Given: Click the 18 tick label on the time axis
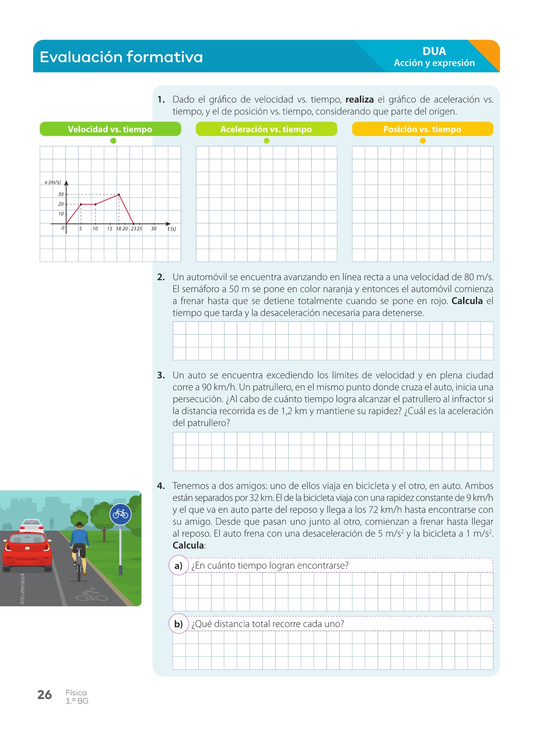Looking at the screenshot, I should [x=119, y=229].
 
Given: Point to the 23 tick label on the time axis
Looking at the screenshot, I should [x=133, y=229].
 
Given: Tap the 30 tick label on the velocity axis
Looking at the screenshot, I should [x=61, y=194].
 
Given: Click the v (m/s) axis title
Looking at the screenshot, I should [x=53, y=182].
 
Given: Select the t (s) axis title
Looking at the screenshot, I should [x=172, y=229].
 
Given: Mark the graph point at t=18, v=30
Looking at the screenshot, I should [x=119, y=194].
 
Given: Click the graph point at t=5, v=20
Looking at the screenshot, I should [x=81, y=204].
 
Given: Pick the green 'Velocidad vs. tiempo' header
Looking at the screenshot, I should [x=110, y=129].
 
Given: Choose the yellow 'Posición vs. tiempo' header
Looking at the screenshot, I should [x=422, y=129].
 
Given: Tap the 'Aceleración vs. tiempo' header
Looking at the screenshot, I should [x=266, y=129].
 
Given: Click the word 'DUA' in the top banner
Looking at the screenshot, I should [x=434, y=51].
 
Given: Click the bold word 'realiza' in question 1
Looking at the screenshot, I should [x=359, y=100].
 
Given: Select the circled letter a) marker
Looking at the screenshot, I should [x=178, y=566].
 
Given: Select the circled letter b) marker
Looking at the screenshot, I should [x=178, y=624].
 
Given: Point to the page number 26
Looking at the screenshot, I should [x=44, y=695].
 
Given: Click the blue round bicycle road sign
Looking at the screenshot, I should [x=121, y=514].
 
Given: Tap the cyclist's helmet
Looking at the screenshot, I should [x=80, y=525].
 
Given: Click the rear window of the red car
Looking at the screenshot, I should [x=28, y=539].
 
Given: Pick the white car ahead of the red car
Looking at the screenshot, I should [x=32, y=525].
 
